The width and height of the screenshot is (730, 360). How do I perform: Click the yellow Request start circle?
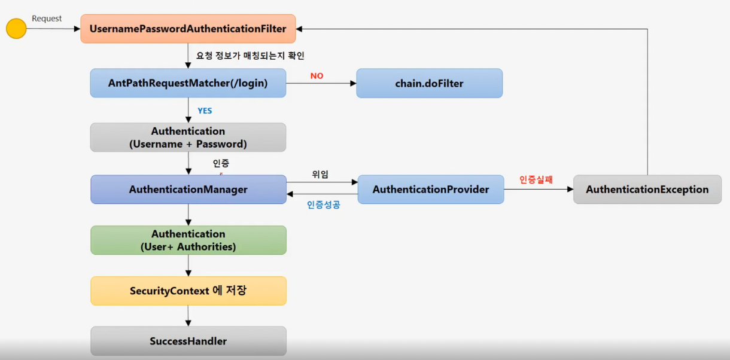click(16, 29)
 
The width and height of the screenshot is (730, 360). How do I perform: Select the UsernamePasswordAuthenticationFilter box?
click(188, 29)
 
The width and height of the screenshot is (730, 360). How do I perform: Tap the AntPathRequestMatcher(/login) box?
click(188, 83)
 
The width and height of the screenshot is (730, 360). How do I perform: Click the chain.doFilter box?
click(429, 83)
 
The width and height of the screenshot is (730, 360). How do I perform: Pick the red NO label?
click(317, 76)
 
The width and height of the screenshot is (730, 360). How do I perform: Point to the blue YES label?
click(205, 111)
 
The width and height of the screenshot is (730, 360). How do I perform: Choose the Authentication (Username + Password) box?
click(188, 138)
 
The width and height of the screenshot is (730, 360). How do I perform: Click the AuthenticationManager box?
click(188, 190)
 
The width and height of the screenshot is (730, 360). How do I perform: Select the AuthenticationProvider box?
click(430, 190)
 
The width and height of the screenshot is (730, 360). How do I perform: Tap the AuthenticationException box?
click(647, 190)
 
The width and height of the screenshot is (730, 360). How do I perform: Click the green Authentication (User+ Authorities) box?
click(188, 240)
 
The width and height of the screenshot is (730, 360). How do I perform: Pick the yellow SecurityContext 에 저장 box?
click(188, 291)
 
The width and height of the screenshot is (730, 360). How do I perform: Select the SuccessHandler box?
click(188, 341)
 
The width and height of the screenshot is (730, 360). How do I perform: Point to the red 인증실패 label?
click(536, 179)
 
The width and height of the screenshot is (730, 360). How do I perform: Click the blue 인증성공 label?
click(323, 205)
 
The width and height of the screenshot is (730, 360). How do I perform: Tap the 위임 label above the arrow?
click(320, 174)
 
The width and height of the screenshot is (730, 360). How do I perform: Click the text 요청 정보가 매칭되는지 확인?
click(250, 56)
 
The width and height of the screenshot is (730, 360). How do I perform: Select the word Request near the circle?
click(47, 19)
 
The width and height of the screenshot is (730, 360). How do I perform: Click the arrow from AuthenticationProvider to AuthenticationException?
click(539, 190)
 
